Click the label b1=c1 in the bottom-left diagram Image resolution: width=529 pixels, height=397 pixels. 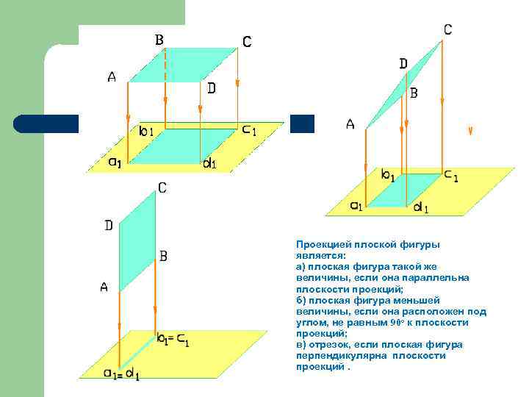pyautogui.click(x=174, y=340)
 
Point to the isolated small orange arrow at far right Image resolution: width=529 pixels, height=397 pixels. pyautogui.click(x=470, y=131)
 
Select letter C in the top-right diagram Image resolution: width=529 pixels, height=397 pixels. pyautogui.click(x=447, y=29)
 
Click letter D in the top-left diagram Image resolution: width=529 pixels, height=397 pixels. pyautogui.click(x=212, y=88)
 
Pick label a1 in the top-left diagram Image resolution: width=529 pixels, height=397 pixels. pyautogui.click(x=115, y=162)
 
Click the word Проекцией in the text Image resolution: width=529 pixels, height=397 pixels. pyautogui.click(x=323, y=244)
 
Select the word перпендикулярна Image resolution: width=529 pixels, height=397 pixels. pyautogui.click(x=334, y=356)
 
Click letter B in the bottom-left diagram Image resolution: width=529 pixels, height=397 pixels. pyautogui.click(x=163, y=256)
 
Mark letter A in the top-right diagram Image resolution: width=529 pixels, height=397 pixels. pyautogui.click(x=350, y=124)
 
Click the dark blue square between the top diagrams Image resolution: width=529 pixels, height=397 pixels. pyautogui.click(x=301, y=124)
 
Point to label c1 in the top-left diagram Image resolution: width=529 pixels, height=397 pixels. pyautogui.click(x=249, y=131)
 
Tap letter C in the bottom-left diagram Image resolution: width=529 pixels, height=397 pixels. pyautogui.click(x=162, y=188)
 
